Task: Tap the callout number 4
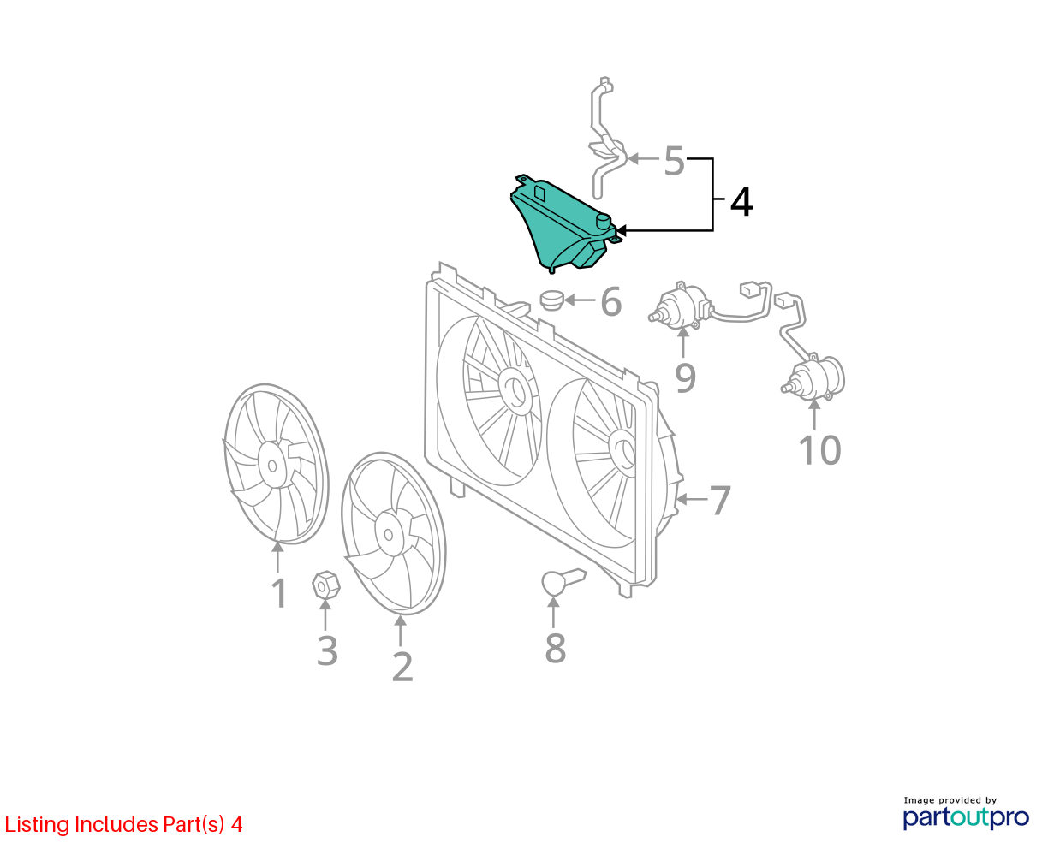tap(741, 202)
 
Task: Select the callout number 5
tap(674, 161)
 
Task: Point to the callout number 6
tap(611, 301)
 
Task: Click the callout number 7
tap(720, 501)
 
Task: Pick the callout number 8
tap(556, 648)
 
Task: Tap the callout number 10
tap(819, 450)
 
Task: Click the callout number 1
tap(279, 594)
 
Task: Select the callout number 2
tap(402, 667)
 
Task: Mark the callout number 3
tap(327, 650)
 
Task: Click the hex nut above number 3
tap(325, 585)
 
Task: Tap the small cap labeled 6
tap(551, 300)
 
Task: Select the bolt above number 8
tap(563, 581)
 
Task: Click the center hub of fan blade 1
tap(272, 465)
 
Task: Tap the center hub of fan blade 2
tap(390, 534)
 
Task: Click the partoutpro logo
tap(965, 816)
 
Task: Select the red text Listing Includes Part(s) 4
tap(123, 825)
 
